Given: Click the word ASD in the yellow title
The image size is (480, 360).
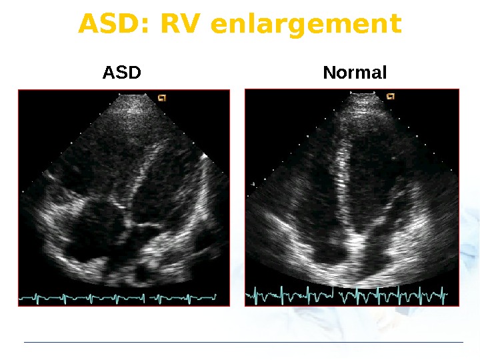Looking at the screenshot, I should tap(107, 24).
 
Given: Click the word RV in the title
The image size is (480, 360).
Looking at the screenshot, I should tap(177, 24).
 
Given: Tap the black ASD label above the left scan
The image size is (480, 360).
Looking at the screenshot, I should tap(122, 72).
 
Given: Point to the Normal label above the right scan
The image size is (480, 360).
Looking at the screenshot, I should tap(355, 72).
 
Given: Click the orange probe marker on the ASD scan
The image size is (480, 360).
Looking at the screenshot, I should tap(161, 97).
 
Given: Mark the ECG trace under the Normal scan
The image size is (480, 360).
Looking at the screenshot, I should tap(347, 293).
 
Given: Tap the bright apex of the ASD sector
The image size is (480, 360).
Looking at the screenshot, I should tap(133, 101).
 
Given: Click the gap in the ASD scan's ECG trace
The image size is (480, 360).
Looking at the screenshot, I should tap(146, 297).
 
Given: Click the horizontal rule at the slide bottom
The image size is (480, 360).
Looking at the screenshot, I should tap(243, 343).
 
